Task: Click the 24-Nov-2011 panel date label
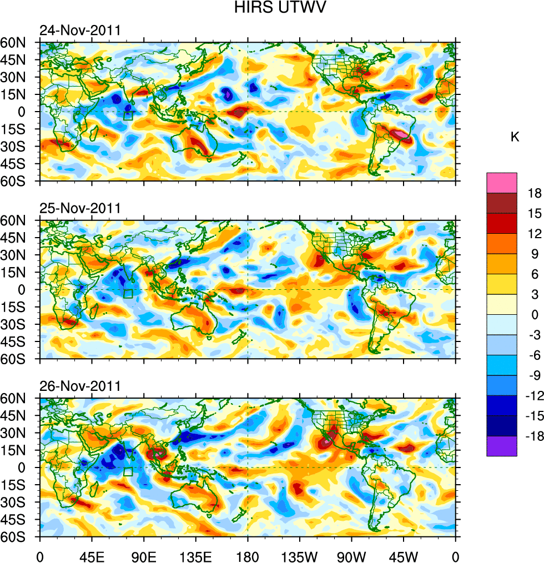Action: pyautogui.click(x=80, y=30)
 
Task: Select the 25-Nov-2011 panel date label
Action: pyautogui.click(x=80, y=208)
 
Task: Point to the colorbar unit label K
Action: pyautogui.click(x=515, y=137)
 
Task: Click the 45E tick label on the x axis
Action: pyautogui.click(x=92, y=555)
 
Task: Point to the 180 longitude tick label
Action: pyautogui.click(x=248, y=555)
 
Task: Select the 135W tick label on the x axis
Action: pyautogui.click(x=300, y=555)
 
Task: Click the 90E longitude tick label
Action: pyautogui.click(x=144, y=555)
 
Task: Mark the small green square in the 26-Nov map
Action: pyautogui.click(x=128, y=472)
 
